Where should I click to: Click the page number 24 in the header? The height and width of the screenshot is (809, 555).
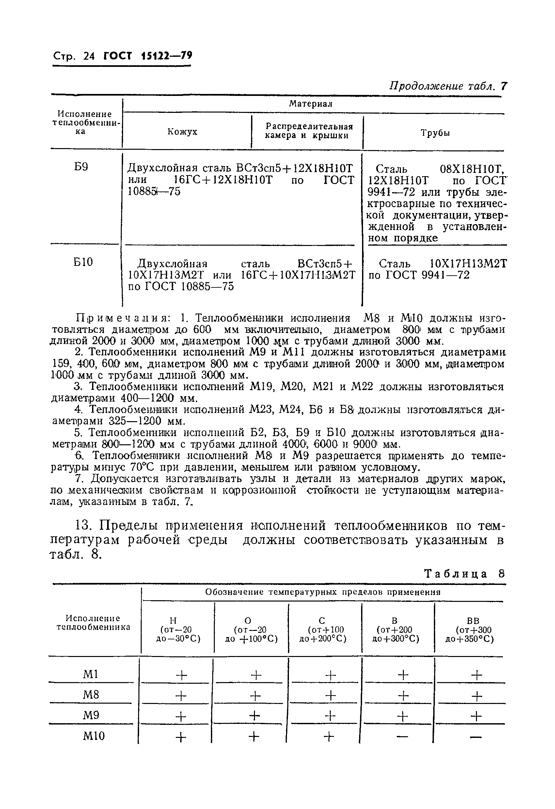[x=89, y=56]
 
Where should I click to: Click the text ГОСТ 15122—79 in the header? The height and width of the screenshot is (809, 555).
[x=148, y=56]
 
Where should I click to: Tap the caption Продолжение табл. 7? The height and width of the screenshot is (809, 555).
[x=448, y=86]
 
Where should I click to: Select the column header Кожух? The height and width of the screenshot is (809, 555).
[x=182, y=131]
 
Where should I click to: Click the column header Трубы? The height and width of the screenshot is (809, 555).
[x=435, y=133]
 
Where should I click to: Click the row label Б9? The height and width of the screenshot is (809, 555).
[x=81, y=167]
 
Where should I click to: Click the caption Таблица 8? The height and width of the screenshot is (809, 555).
[x=465, y=574]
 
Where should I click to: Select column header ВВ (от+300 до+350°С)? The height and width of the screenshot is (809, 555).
[x=470, y=630]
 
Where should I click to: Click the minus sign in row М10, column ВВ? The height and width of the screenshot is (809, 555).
[x=476, y=737]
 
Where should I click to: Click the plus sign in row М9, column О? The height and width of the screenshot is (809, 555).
[x=255, y=716]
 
